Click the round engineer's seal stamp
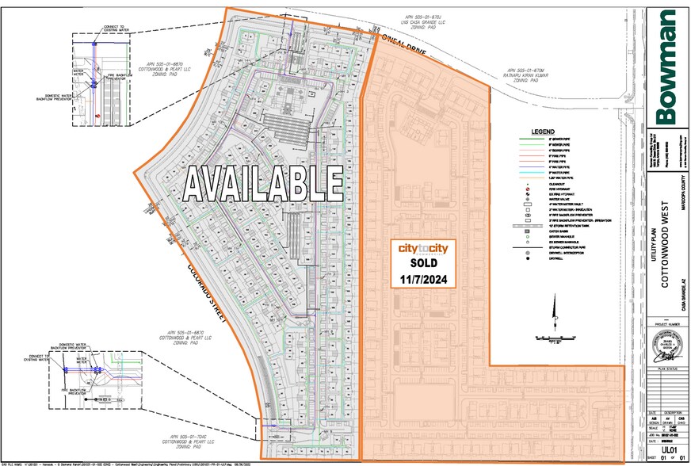pyautogui.click(x=667, y=347)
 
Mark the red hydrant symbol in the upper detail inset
pyautogui.click(x=97, y=116)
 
